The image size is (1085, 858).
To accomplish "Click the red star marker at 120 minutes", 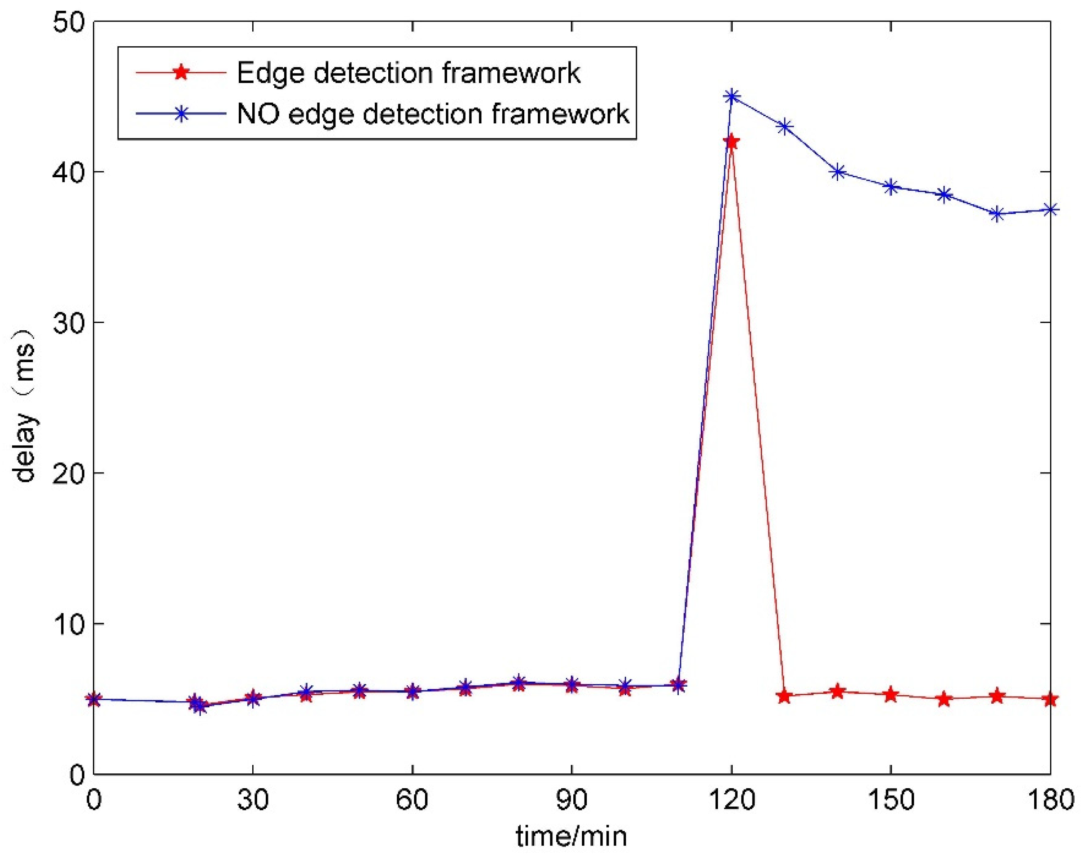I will (731, 142).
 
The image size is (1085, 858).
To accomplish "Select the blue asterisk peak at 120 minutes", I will (731, 96).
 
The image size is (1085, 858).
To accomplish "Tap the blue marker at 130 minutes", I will (784, 126).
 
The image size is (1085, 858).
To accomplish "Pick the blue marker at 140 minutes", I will (838, 172).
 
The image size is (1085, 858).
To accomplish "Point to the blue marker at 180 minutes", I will (1050, 210).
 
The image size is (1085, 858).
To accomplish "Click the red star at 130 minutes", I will (784, 696).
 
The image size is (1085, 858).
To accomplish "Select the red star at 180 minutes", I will (1050, 699).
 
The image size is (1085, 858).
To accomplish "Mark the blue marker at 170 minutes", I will (997, 214).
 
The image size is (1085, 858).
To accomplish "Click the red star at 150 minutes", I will (890, 695).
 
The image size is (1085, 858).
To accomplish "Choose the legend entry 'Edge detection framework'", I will (408, 73).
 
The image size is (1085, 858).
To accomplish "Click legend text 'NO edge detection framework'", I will (433, 113).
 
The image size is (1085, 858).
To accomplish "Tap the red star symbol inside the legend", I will (181, 72).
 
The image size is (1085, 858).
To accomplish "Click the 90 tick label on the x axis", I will (572, 799).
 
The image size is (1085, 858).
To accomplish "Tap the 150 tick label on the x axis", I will (890, 799).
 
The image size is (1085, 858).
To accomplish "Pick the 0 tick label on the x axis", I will (94, 799).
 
